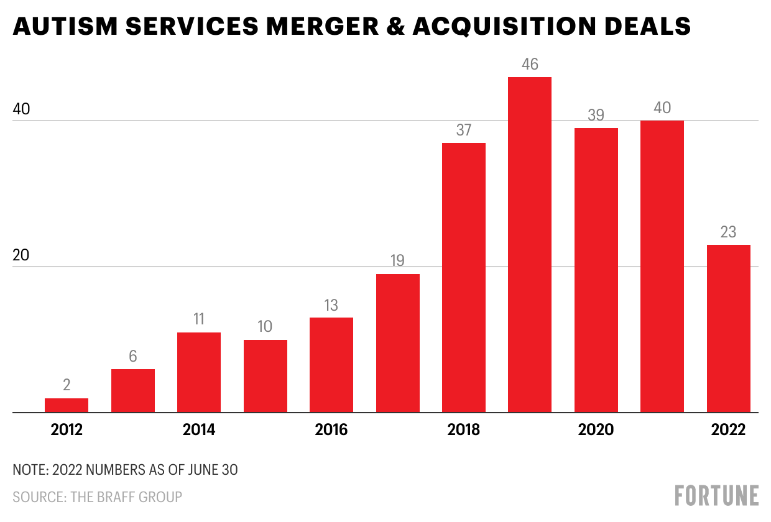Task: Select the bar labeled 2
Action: click(67, 405)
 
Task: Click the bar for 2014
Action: click(199, 372)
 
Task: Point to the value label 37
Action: click(464, 130)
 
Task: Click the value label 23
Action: click(729, 232)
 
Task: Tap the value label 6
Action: click(133, 357)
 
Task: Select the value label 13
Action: click(331, 305)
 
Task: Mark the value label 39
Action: click(596, 116)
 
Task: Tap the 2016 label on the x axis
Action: click(331, 429)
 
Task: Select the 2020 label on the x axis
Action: click(596, 429)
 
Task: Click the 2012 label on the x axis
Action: click(67, 429)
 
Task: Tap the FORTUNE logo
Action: click(717, 495)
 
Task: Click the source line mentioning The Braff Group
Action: click(98, 497)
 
